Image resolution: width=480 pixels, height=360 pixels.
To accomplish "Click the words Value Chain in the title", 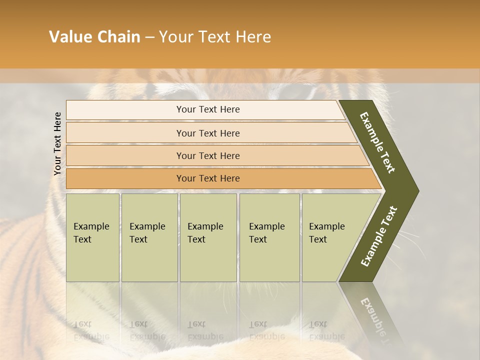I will [x=94, y=37].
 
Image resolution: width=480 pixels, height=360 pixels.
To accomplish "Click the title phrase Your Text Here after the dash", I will [x=215, y=37].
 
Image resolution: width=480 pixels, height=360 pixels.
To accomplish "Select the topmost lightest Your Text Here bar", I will [x=208, y=109].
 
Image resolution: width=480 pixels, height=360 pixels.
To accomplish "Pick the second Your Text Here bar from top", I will [x=208, y=133].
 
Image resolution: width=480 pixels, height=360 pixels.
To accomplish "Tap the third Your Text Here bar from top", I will [x=208, y=155].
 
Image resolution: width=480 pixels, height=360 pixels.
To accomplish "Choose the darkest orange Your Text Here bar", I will [x=208, y=178].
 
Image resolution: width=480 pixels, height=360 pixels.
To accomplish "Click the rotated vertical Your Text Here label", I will [x=58, y=143].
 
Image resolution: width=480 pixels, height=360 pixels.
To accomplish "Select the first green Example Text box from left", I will [x=92, y=237].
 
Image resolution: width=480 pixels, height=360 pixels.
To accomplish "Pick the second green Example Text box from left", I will [x=149, y=237].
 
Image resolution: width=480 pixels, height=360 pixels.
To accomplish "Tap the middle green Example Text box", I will [x=208, y=237].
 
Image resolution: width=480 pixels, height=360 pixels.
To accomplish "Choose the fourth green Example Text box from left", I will [x=269, y=237].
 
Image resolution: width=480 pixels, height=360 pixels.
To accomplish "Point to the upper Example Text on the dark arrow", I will [x=378, y=142].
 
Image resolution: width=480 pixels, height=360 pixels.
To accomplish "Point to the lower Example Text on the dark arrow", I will [x=379, y=236].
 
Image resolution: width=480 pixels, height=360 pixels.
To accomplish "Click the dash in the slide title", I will [x=149, y=37].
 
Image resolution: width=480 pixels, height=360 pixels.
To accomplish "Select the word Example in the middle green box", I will [x=205, y=226].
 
